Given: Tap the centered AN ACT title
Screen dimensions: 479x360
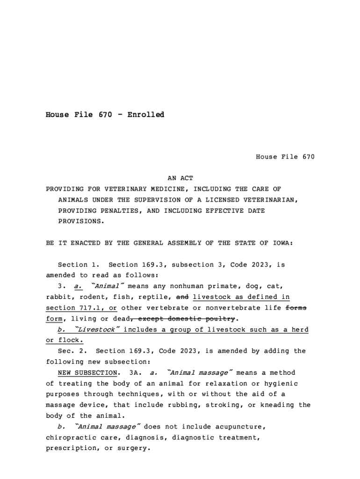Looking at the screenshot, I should [180, 178].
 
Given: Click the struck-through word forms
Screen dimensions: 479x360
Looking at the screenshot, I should [296, 308].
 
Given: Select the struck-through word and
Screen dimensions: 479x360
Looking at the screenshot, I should [182, 297].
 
